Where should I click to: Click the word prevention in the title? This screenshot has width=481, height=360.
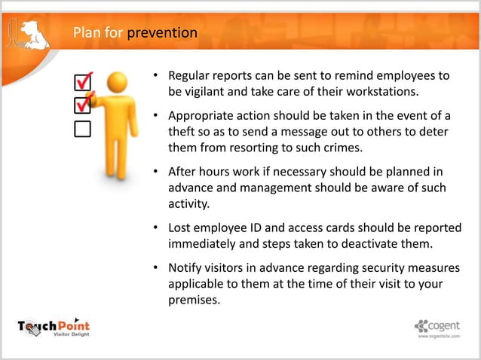click(x=162, y=33)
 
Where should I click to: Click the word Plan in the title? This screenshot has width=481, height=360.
click(x=86, y=33)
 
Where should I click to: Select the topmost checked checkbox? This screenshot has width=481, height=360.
click(x=82, y=81)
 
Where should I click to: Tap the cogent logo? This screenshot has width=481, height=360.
click(x=440, y=326)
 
